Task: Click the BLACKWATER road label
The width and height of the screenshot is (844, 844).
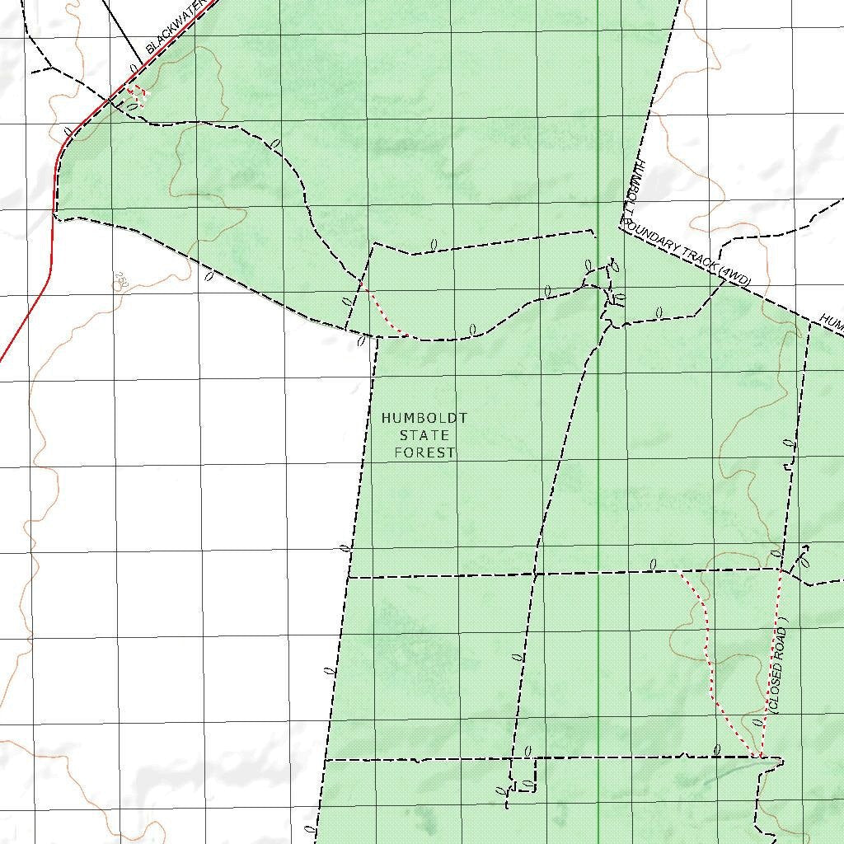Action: coord(174,32)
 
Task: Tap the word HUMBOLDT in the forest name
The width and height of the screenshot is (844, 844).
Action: coord(424,419)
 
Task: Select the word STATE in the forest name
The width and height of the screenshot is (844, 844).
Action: coord(424,435)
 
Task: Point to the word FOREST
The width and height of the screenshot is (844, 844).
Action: coord(424,452)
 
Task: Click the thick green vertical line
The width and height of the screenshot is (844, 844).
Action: coord(598,495)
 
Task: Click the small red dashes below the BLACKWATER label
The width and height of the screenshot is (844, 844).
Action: coord(137,95)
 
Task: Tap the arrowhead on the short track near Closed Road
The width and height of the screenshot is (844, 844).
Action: coord(805,548)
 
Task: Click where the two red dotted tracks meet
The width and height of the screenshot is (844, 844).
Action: coord(759,755)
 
